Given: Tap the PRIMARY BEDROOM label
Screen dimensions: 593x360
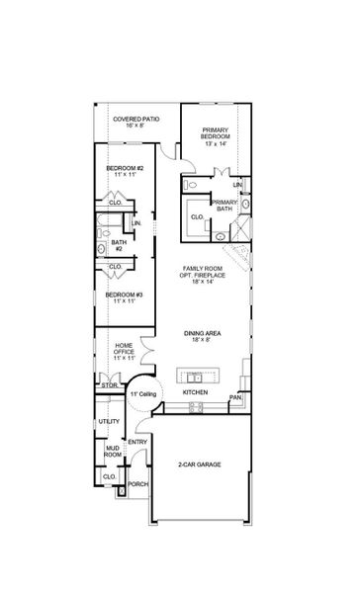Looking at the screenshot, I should coord(216,137).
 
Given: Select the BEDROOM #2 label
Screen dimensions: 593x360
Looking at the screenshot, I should coord(126,169).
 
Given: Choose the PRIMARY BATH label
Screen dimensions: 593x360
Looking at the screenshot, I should coord(224,205).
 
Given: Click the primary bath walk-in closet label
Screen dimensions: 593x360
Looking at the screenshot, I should coord(197,216).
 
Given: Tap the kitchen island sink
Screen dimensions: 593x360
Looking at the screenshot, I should coord(195,377).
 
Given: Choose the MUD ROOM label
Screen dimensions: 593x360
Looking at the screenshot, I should coord(112,452).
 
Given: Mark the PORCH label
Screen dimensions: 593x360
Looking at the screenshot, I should coord(137,483).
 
